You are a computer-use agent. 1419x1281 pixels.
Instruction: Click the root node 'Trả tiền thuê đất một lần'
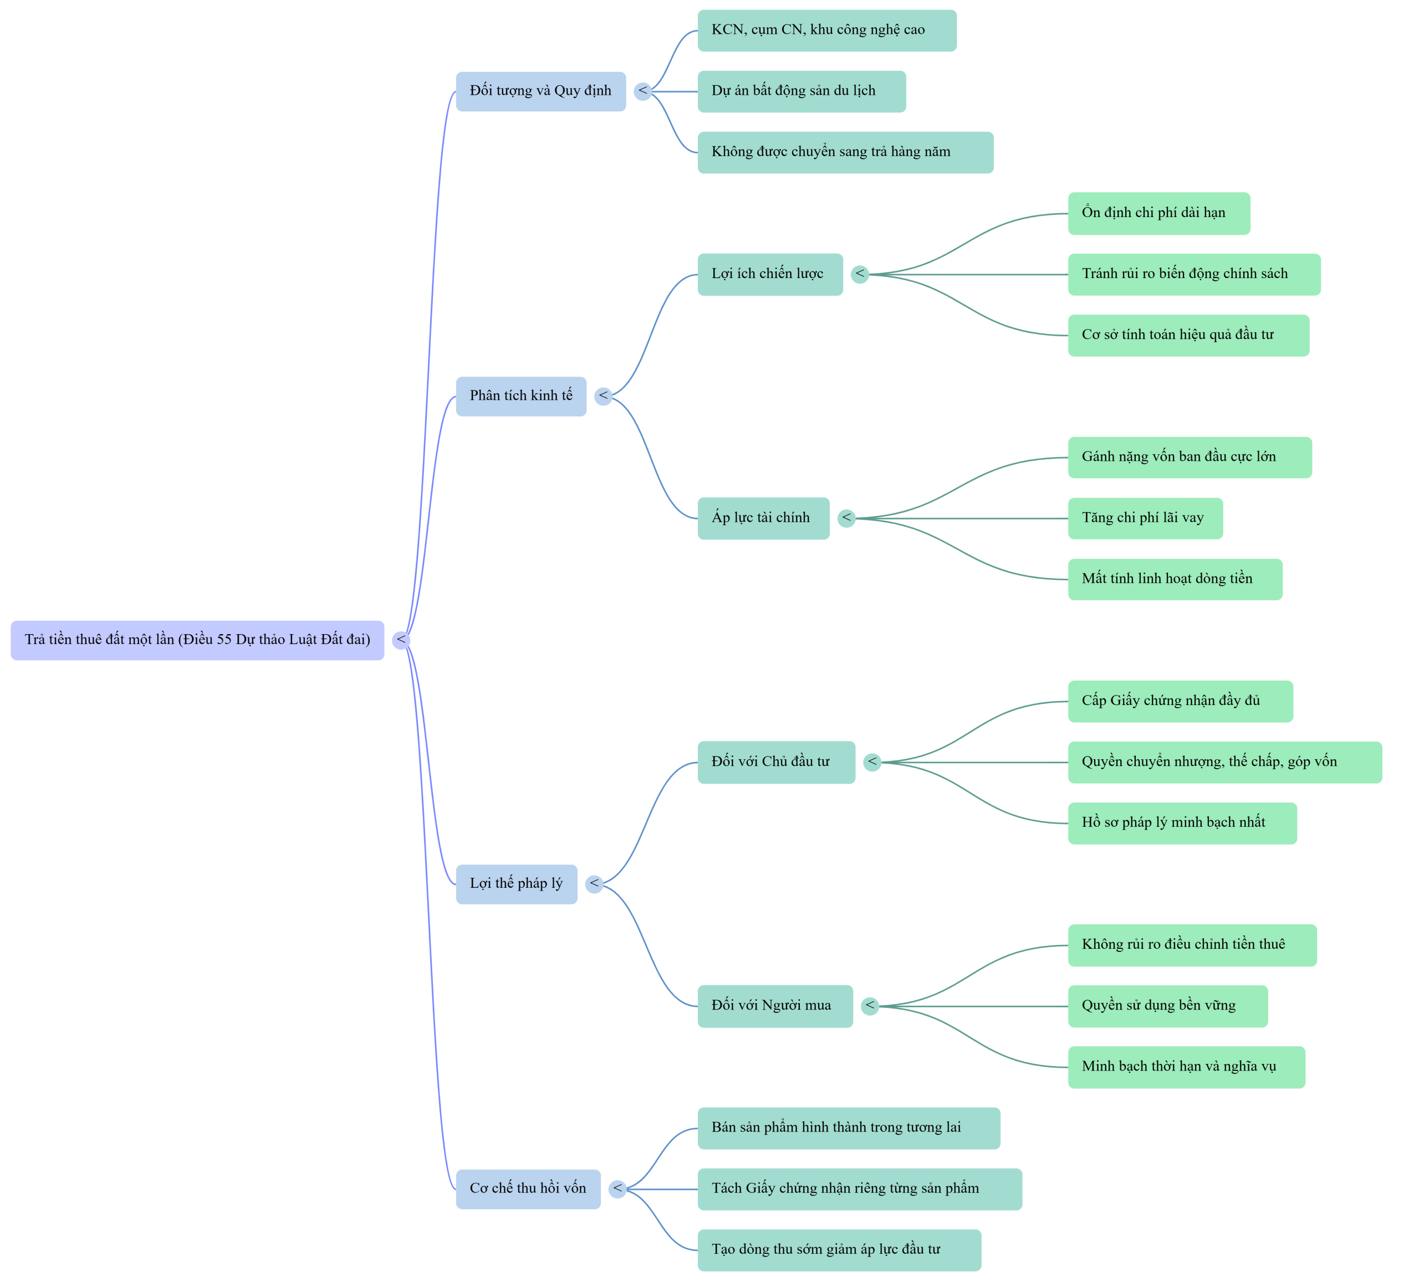pos(197,640)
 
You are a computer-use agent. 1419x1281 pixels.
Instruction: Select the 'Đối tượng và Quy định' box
pos(540,91)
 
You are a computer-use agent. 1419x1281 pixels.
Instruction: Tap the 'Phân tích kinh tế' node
pos(521,396)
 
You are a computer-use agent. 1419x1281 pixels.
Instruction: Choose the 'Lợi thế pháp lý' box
pos(517,884)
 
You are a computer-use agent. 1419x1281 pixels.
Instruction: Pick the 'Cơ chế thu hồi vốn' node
pos(528,1190)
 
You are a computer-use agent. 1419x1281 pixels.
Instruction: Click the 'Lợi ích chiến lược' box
pos(770,274)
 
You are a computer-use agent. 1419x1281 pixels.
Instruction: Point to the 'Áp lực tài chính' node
pos(764,518)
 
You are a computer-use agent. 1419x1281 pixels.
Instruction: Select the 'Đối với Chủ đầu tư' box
pos(777,763)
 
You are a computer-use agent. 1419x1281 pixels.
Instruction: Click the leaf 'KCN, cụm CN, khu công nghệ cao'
pos(827,30)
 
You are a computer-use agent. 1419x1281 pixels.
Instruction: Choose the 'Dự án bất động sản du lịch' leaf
pos(802,91)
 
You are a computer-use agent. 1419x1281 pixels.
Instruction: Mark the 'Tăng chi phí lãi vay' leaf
pos(1145,518)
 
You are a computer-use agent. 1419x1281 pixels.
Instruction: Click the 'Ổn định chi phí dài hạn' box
pos(1159,213)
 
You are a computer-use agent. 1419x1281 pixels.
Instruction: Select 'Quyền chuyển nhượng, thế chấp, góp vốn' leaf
pos(1225,763)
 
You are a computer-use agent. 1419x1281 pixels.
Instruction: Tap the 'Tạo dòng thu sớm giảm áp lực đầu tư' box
pos(839,1250)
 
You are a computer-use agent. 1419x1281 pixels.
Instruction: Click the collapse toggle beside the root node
pos(401,640)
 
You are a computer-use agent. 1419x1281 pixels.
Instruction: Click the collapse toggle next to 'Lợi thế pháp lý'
pos(594,884)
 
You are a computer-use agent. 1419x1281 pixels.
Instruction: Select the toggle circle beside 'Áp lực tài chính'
pos(847,518)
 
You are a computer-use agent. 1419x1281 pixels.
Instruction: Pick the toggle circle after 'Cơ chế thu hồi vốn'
pos(617,1190)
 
